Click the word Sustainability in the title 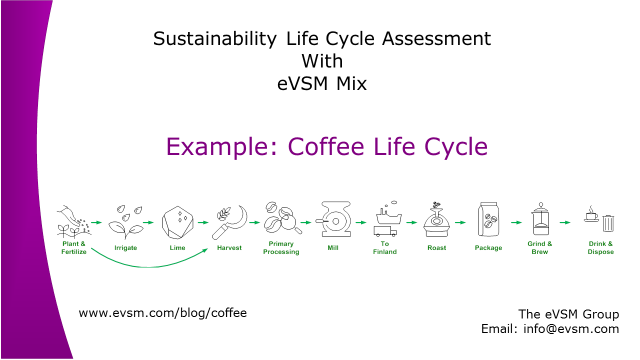pos(215,39)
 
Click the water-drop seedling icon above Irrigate pos(125,222)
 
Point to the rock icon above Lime pos(177,222)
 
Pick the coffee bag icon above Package pos(488,219)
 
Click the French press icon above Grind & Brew pos(540,219)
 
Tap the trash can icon pos(608,223)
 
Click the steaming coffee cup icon pos(591,214)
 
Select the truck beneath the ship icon pos(385,231)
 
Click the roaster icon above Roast pos(436,219)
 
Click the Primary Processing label pos(281,247)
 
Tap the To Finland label pos(385,247)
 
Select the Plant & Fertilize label pos(73,247)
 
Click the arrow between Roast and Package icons pos(460,222)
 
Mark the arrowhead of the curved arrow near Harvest pos(205,251)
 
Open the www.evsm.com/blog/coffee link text pos(163,313)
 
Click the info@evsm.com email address pos(571,329)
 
